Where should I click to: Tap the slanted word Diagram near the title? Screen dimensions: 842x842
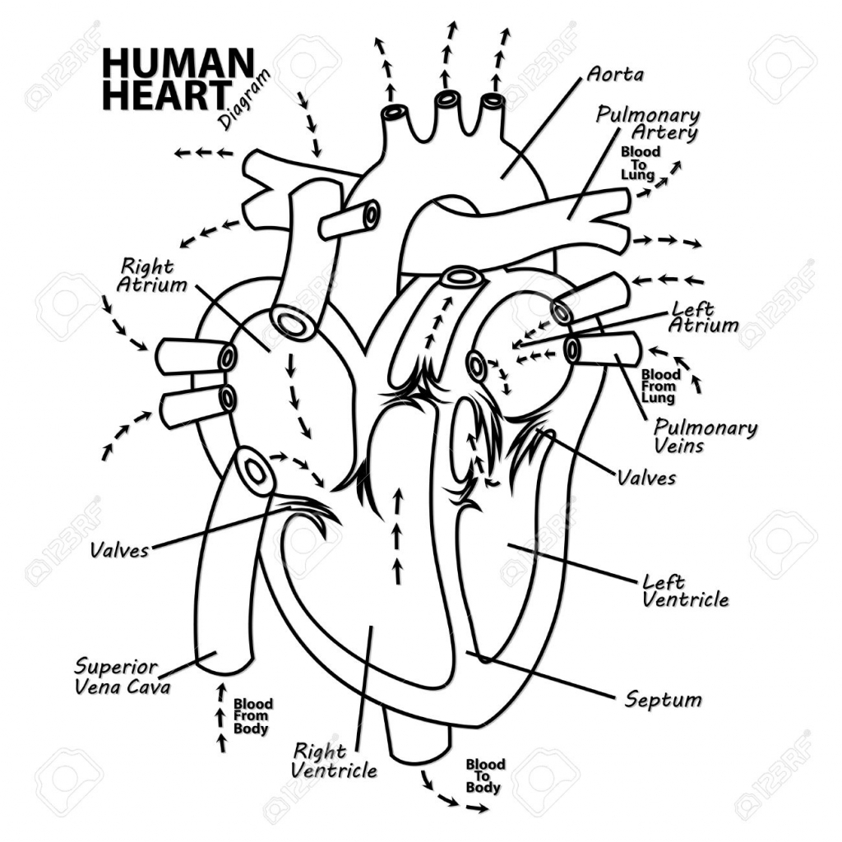pos(244,102)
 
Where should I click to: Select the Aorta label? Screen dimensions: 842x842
pos(615,74)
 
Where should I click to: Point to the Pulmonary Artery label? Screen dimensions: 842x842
pos(649,123)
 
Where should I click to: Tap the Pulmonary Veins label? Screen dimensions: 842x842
pos(705,437)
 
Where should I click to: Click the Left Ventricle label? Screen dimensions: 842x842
pos(684,590)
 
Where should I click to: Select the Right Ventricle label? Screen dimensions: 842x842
pos(335,761)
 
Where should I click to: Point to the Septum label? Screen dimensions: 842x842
pos(663,700)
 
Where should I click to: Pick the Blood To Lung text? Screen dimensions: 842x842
pos(639,164)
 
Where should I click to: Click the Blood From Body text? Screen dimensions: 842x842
pos(252,716)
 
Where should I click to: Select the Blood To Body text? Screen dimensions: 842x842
pos(483,776)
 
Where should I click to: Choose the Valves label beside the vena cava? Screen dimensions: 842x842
pos(120,549)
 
